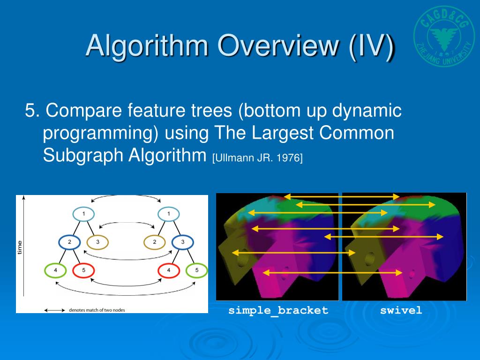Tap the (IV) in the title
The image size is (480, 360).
371,46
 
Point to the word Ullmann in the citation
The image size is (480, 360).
233,158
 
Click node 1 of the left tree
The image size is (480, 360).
83,214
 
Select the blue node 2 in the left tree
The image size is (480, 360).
69,242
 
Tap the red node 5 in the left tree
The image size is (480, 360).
83,270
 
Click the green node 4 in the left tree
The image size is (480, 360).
55,270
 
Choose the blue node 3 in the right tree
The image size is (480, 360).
183,242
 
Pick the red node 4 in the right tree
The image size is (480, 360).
169,270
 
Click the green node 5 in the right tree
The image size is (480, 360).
197,270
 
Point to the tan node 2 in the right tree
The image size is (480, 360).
155,242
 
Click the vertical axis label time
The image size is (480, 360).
20,247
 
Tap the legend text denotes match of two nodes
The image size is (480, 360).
97,310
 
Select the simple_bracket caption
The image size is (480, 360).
278,311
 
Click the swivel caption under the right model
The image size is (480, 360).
401,310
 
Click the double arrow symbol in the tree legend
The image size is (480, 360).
54,310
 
